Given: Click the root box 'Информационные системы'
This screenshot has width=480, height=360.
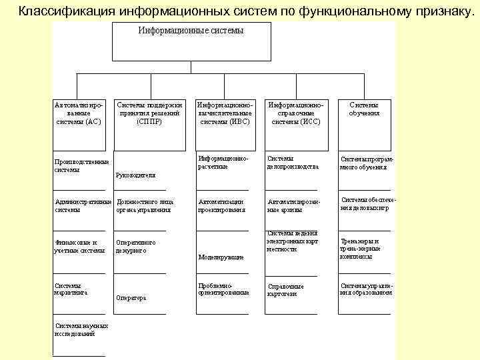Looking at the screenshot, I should click(x=191, y=42).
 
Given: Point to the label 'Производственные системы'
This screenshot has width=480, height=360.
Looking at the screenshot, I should click(x=81, y=165).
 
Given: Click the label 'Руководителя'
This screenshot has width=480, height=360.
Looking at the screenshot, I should click(x=135, y=175).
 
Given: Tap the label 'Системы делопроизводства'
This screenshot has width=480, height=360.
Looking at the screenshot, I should click(x=293, y=163).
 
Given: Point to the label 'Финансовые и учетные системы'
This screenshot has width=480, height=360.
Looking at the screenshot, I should click(x=79, y=247).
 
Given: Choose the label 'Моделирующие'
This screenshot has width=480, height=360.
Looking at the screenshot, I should click(x=221, y=257).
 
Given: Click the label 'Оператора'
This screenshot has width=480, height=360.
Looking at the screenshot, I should click(x=131, y=298).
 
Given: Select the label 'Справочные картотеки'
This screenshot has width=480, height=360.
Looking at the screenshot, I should click(x=285, y=290).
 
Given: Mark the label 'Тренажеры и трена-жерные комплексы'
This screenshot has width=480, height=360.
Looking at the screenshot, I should click(x=360, y=249).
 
